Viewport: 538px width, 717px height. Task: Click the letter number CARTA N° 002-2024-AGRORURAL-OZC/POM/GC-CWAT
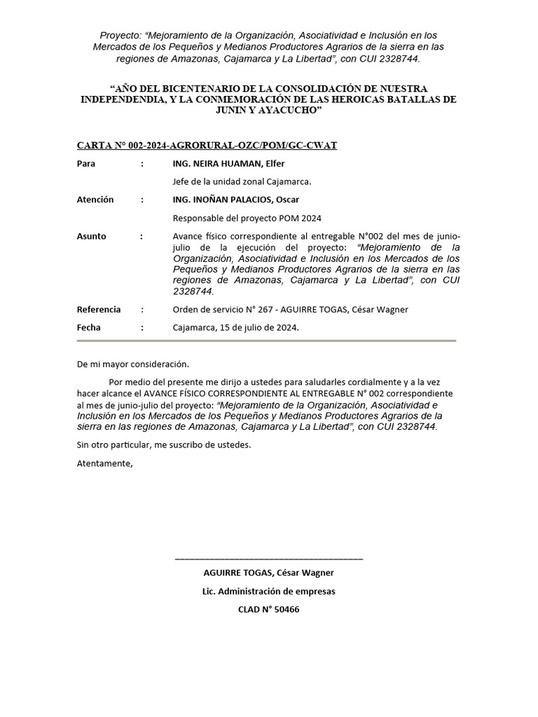pyautogui.click(x=207, y=146)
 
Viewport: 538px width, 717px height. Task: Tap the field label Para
pyautogui.click(x=85, y=164)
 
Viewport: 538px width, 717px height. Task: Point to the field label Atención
pyautogui.click(x=95, y=200)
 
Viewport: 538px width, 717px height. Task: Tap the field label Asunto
pyautogui.click(x=91, y=236)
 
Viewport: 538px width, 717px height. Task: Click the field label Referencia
pyautogui.click(x=98, y=309)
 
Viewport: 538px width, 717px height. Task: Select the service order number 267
pyautogui.click(x=268, y=309)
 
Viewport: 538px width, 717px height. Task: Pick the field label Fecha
pyautogui.click(x=88, y=327)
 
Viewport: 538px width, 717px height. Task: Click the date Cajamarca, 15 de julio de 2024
pyautogui.click(x=235, y=327)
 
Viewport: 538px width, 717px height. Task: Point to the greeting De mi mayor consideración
pyautogui.click(x=133, y=364)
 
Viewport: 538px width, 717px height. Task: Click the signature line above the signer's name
pyautogui.click(x=268, y=559)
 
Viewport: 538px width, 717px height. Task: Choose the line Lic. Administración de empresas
pyautogui.click(x=268, y=591)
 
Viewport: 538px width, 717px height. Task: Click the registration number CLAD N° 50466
pyautogui.click(x=268, y=609)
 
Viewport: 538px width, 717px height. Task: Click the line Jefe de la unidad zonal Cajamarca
pyautogui.click(x=242, y=181)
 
